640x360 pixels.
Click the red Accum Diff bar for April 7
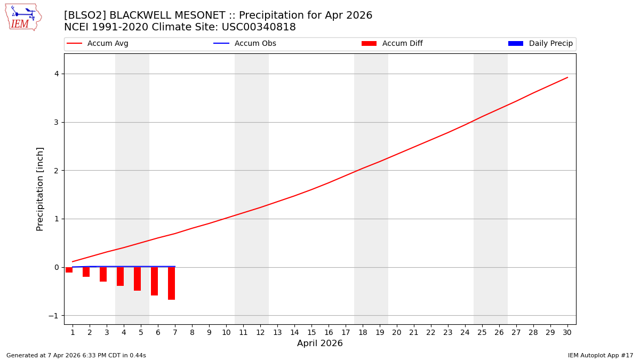(x=171, y=283)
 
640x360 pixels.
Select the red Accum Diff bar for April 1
(x=69, y=270)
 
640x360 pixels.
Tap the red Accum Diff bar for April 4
(x=120, y=276)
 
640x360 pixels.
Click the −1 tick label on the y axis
(x=54, y=316)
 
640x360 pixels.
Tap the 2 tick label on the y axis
(x=56, y=171)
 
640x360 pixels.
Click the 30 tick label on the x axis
(x=567, y=332)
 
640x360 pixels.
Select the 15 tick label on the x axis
(x=311, y=332)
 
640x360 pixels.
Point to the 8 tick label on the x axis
(x=192, y=332)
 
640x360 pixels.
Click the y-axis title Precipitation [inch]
(x=41, y=189)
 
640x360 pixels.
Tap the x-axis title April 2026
(x=320, y=343)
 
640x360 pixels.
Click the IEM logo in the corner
(x=23, y=17)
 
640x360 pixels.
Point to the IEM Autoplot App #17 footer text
(x=600, y=355)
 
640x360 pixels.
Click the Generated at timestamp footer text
(x=76, y=355)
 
